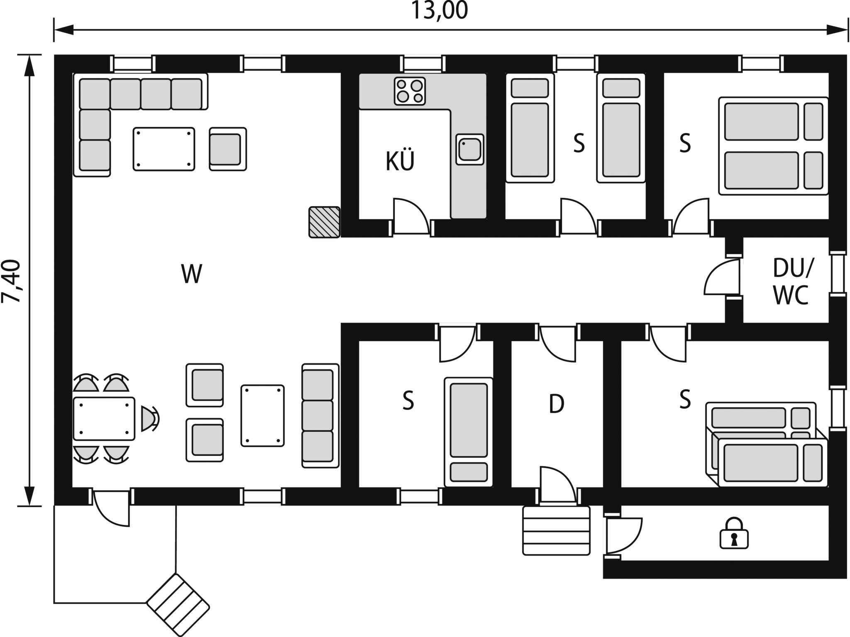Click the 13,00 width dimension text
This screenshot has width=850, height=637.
[439, 11]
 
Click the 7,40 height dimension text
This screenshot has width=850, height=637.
[11, 281]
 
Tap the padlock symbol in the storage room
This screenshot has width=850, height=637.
[733, 533]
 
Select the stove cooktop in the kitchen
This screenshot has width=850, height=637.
[410, 91]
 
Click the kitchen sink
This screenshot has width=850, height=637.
[469, 149]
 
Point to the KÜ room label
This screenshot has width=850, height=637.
[400, 161]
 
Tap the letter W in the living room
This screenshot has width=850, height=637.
[191, 274]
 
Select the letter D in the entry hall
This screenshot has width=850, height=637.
[556, 404]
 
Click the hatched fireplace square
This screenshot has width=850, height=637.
[324, 222]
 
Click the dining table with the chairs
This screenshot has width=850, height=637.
[104, 418]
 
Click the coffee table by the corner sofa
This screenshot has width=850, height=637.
[164, 149]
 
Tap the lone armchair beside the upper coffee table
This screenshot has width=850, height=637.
[227, 149]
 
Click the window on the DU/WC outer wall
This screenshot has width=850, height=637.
[838, 274]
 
